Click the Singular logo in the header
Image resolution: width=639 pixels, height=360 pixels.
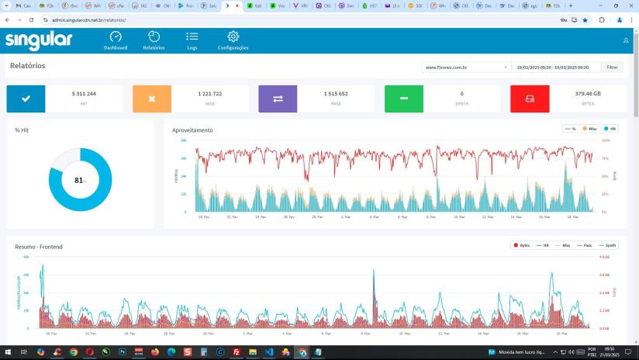(x=38, y=40)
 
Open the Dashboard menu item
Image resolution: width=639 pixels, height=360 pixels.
(x=116, y=40)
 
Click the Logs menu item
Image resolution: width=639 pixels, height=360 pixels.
(x=192, y=40)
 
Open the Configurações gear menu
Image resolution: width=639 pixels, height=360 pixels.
(x=233, y=40)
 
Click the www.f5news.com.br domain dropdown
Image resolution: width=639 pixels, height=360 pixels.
(x=466, y=67)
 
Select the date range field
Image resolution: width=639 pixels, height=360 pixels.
(x=556, y=67)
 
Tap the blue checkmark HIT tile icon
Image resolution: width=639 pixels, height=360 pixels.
(x=26, y=99)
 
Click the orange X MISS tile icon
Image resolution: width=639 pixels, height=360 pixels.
(x=152, y=99)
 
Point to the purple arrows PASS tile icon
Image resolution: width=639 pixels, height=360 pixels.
(x=278, y=99)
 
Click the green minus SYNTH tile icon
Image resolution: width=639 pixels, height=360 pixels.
(x=404, y=99)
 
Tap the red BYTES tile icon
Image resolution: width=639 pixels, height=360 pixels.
(x=530, y=99)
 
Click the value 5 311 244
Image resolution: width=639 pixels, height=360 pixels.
(x=84, y=93)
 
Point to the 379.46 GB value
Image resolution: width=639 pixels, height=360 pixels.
(x=588, y=93)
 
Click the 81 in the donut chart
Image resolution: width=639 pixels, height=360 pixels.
(x=79, y=180)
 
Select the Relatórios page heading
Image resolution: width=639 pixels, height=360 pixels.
(x=28, y=66)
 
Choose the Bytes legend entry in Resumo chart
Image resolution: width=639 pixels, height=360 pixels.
(x=521, y=245)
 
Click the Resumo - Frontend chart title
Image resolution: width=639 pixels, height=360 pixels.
(x=39, y=247)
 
